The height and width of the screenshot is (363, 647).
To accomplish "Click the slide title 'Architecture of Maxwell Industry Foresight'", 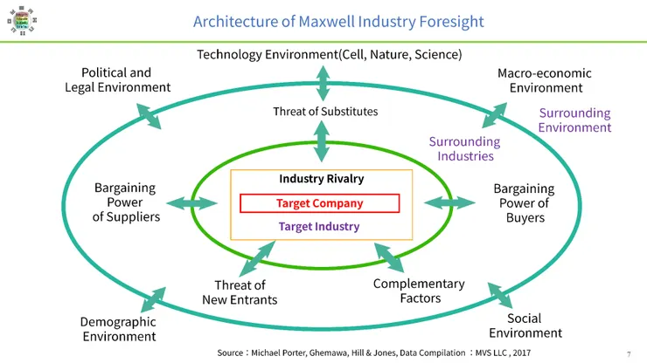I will click(337, 21).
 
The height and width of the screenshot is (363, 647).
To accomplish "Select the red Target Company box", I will click(319, 203).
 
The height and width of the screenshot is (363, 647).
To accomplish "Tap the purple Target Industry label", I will click(319, 226).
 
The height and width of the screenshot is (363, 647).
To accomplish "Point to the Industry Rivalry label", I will click(321, 179).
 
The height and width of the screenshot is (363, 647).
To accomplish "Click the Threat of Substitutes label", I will click(325, 111).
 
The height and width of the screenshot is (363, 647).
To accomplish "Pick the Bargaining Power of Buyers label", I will click(524, 202).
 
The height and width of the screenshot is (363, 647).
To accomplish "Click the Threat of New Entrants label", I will click(240, 293).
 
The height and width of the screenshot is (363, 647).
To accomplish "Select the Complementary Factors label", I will click(419, 291).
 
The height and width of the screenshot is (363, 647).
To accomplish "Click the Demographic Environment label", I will click(119, 330).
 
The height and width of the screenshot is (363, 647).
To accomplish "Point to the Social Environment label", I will click(525, 325).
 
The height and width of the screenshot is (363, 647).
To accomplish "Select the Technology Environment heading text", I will click(329, 55).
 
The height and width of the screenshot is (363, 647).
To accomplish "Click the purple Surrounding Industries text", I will click(463, 149).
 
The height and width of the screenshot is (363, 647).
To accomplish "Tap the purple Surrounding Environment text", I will click(574, 120).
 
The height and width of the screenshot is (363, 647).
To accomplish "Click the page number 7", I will click(629, 353).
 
